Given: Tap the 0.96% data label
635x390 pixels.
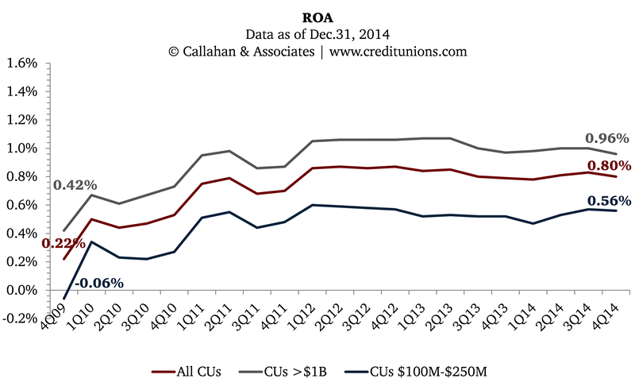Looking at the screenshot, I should [606, 137].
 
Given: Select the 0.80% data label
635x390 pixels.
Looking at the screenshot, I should [609, 166].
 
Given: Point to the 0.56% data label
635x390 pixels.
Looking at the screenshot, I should [609, 201].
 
